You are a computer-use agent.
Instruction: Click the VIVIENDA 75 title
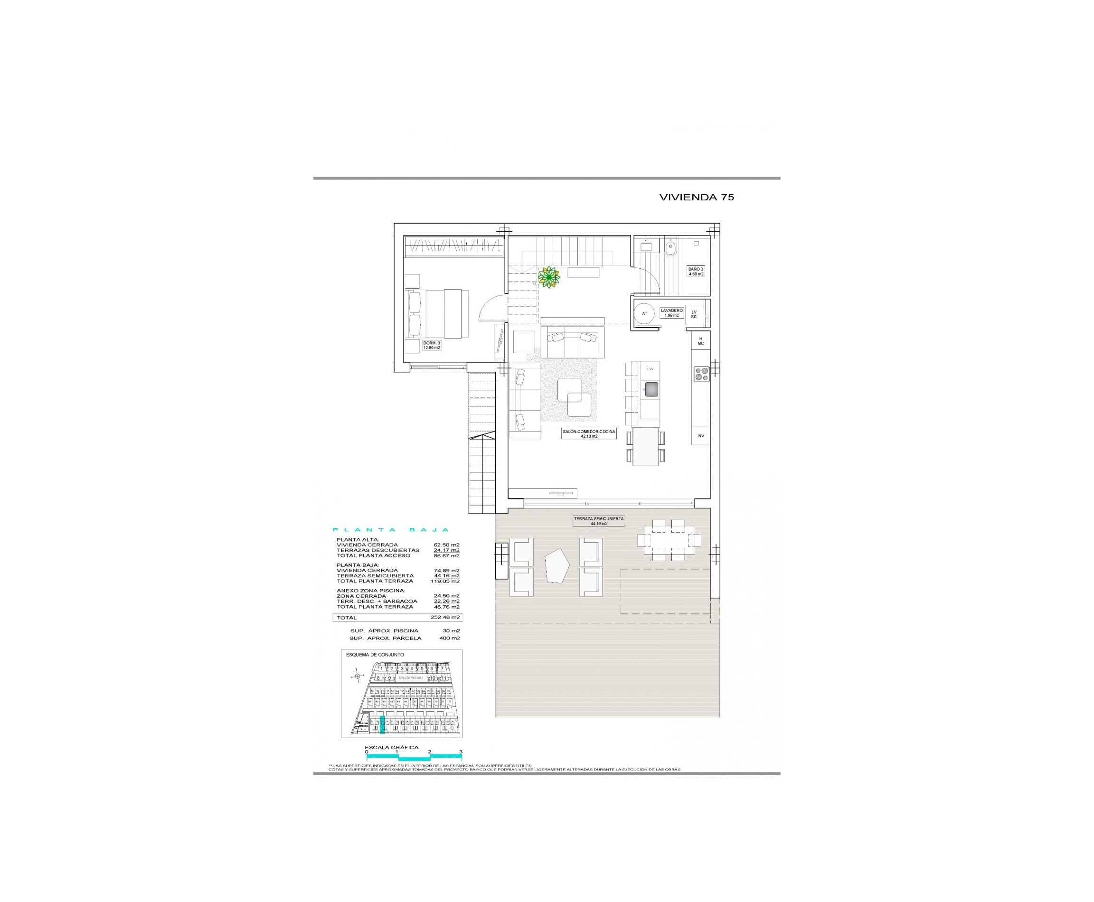696,197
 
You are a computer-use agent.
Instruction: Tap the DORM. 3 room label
431,345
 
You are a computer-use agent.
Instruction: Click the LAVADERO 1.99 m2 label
671,312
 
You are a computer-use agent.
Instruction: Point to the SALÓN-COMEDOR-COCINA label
589,434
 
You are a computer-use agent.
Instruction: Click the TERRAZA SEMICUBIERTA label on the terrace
598,521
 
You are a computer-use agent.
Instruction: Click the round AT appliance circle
645,313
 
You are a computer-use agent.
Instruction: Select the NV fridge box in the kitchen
700,435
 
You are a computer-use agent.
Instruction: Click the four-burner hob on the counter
702,375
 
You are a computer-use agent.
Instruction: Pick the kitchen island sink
651,389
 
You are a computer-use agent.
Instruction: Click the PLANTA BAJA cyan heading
390,530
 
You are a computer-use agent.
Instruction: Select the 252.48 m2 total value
445,618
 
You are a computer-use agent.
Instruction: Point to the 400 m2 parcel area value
451,638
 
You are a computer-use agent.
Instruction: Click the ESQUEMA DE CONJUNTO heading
375,655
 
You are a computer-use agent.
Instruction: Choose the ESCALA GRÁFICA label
391,747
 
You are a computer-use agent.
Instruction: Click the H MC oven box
700,341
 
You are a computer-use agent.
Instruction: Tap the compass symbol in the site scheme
357,676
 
